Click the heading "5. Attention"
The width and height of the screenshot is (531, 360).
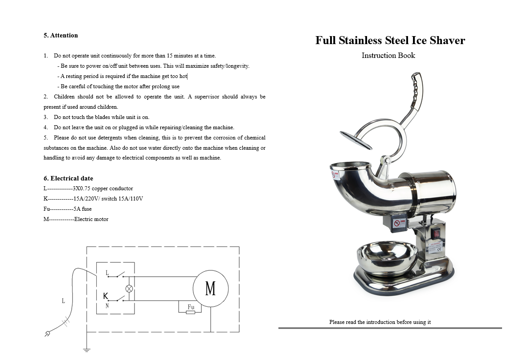tap(61, 35)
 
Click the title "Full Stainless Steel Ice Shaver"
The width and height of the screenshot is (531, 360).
tap(390, 41)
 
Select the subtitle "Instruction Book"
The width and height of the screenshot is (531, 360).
tap(388, 55)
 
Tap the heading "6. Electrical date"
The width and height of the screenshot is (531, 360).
tap(68, 178)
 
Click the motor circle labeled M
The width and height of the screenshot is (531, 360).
tap(211, 288)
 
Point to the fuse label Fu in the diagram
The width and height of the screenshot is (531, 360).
tap(191, 307)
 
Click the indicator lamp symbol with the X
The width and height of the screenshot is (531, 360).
tap(129, 288)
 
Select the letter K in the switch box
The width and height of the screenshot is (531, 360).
tap(106, 296)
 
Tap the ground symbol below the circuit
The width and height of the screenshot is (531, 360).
tap(87, 349)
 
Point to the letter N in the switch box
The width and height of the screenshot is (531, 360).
tap(107, 306)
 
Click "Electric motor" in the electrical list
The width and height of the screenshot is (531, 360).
tap(91, 219)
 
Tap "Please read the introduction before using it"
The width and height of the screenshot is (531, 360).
tap(380, 322)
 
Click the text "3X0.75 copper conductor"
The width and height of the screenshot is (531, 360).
tap(102, 188)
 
